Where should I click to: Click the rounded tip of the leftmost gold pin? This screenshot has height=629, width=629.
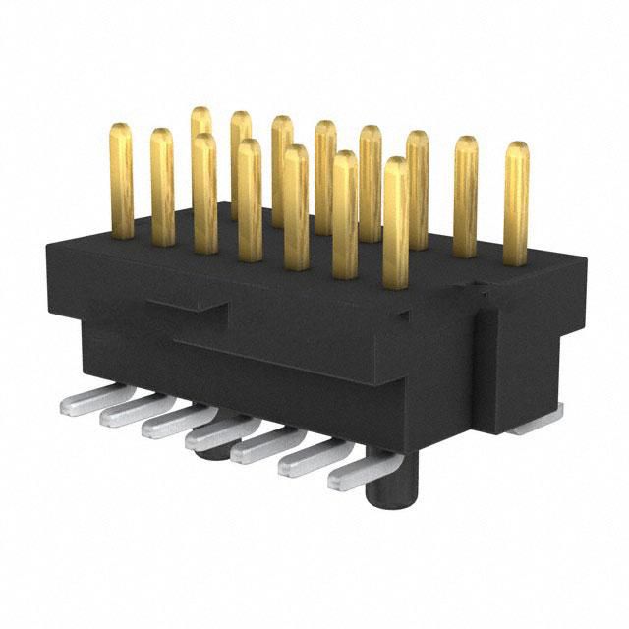pyautogui.click(x=122, y=131)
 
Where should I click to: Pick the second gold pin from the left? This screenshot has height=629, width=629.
pyautogui.click(x=162, y=187)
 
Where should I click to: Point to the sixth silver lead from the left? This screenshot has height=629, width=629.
pyautogui.click(x=310, y=460)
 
